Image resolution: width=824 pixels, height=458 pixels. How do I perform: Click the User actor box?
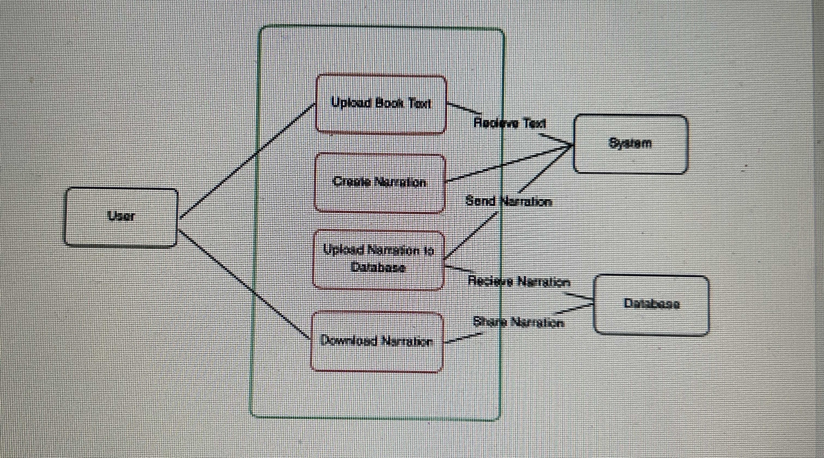pyautogui.click(x=121, y=217)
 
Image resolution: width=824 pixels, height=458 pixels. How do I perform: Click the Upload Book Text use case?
pyautogui.click(x=381, y=104)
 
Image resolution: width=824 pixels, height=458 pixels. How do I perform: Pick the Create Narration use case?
pyautogui.click(x=380, y=182)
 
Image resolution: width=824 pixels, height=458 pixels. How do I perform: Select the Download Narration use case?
pyautogui.click(x=377, y=342)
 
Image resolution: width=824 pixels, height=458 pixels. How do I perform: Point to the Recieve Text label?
pyautogui.click(x=510, y=123)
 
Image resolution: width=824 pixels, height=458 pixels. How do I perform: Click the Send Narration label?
pyautogui.click(x=509, y=202)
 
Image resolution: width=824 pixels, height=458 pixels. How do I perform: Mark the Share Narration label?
pyautogui.click(x=518, y=322)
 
